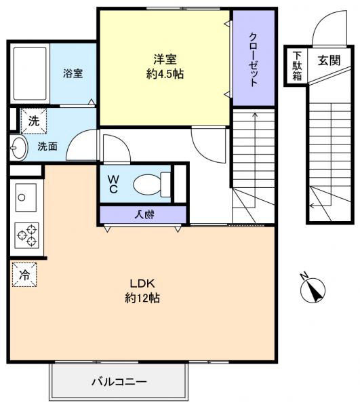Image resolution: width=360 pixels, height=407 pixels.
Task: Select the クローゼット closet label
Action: (x=254, y=59)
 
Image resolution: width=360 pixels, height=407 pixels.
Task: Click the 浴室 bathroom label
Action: (x=73, y=73)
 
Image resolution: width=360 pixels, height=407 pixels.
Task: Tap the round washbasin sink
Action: (x=18, y=146)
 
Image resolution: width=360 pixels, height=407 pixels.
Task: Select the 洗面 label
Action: (x=47, y=146)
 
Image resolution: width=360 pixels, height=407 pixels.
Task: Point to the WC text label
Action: (x=113, y=184)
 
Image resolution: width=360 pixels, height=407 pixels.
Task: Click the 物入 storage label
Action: (x=143, y=215)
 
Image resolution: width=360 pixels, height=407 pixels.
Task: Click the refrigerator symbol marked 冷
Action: (x=24, y=275)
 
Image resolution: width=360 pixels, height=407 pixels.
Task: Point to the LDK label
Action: (x=142, y=283)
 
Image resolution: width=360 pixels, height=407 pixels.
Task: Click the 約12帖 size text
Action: (x=142, y=298)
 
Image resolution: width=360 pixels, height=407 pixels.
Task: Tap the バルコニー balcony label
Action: (x=119, y=382)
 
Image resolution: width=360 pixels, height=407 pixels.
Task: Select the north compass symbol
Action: (x=311, y=290)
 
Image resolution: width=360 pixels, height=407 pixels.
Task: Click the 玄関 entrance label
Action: (x=329, y=59)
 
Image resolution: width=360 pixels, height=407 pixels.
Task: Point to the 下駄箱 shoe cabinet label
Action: (x=297, y=65)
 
